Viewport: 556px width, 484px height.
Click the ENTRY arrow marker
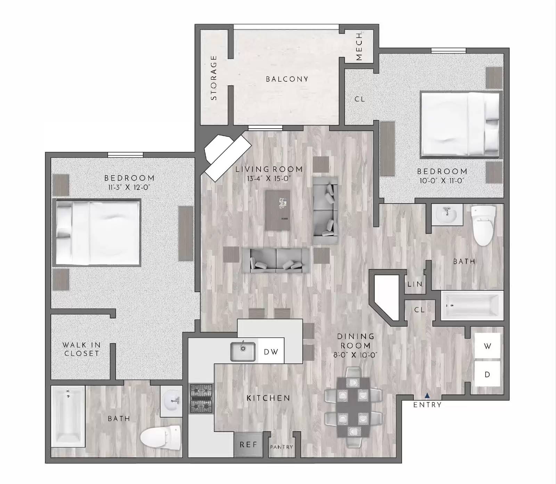click(x=427, y=396)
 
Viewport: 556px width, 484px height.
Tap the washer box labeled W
click(x=487, y=346)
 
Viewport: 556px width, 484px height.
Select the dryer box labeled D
click(x=487, y=374)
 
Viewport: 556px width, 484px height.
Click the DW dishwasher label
click(x=271, y=352)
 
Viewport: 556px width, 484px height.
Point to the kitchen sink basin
click(x=243, y=351)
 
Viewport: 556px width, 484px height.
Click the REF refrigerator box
click(x=248, y=444)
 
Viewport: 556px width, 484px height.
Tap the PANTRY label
click(x=281, y=447)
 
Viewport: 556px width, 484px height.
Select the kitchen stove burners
click(x=201, y=399)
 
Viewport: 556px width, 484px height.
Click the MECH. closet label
click(x=359, y=46)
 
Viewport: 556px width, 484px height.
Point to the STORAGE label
click(x=213, y=78)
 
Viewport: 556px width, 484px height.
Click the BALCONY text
click(x=287, y=79)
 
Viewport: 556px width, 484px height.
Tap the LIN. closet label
click(x=415, y=284)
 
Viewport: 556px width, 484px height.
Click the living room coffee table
click(x=277, y=210)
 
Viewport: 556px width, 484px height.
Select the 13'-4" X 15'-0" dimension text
click(x=268, y=178)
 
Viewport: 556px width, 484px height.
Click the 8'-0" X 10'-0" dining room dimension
click(x=355, y=355)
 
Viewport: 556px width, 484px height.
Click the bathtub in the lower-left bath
click(x=68, y=416)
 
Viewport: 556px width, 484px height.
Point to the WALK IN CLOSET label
click(x=81, y=349)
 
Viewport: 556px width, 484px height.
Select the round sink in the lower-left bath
click(x=171, y=401)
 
